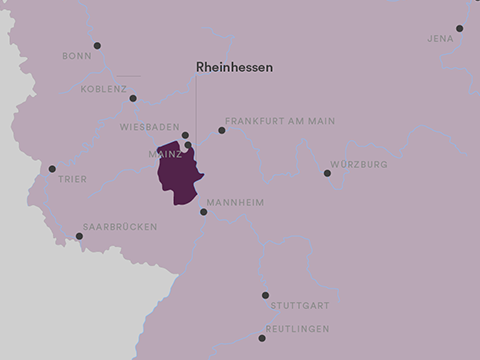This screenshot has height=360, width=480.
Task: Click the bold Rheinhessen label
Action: (234, 67)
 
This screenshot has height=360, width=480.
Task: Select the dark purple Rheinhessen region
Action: (178, 176)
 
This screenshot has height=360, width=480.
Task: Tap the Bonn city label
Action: (77, 56)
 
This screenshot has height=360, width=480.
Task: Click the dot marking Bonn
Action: (97, 45)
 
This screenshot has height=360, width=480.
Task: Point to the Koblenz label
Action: (103, 88)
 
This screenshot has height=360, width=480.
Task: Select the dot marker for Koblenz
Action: (133, 98)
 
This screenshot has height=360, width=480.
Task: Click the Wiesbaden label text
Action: (149, 127)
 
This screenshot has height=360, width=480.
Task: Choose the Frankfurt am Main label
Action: (279, 121)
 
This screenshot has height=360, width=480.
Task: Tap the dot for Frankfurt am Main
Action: (222, 130)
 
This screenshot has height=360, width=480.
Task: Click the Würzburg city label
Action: (359, 164)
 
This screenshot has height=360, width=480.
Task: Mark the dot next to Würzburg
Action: (327, 173)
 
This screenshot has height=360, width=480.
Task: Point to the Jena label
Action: (440, 39)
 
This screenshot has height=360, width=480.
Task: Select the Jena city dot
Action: (460, 29)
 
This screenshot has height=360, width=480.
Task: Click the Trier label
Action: (74, 180)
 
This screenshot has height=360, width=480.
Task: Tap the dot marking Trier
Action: (52, 169)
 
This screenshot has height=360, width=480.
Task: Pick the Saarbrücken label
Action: (120, 227)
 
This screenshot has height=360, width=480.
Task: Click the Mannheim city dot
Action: (204, 212)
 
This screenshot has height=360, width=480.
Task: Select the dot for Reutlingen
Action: (262, 338)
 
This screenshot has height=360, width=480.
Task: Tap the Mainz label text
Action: (165, 155)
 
